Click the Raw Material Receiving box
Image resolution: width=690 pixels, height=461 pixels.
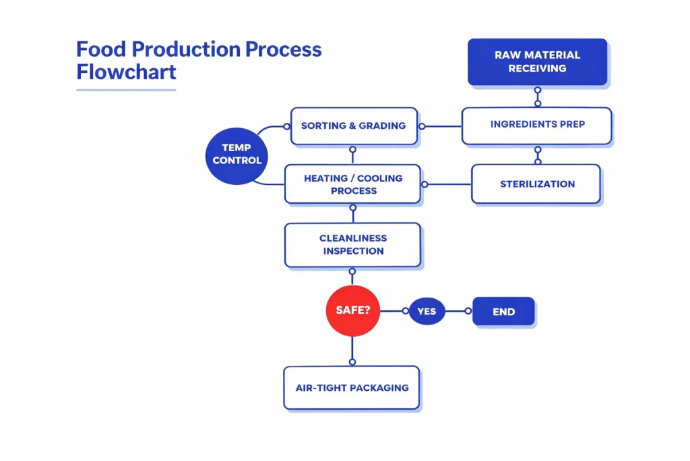point(537,61)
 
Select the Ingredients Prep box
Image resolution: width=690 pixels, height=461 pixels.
point(537,125)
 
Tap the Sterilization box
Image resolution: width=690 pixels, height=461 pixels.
point(536,184)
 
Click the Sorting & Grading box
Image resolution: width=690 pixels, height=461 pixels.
point(353,126)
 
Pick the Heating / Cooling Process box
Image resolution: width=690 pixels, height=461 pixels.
point(352,184)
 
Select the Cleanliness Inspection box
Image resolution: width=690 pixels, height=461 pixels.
point(352,245)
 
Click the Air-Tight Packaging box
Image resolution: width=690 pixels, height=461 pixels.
point(352,388)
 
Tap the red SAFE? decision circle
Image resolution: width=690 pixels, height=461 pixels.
point(352,311)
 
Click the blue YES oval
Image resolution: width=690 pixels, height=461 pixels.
point(427,311)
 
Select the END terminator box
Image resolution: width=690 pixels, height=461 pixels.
point(503,312)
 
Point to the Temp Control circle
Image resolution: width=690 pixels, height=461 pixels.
point(237,155)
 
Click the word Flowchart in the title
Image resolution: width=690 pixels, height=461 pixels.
point(126,72)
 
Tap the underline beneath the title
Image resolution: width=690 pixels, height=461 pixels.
point(126,89)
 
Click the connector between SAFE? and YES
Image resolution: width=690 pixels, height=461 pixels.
point(394,311)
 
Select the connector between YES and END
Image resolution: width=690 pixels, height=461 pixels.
point(458,311)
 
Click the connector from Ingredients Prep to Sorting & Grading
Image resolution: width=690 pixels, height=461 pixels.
point(441,126)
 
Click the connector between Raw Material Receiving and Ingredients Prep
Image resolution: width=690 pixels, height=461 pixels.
point(537,97)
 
